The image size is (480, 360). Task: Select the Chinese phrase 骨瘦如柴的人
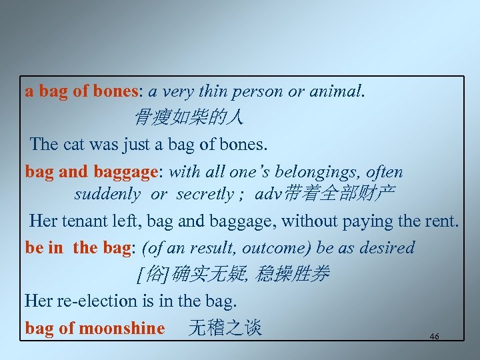189,118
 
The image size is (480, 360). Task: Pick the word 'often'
385,171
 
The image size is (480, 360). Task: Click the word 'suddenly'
107,194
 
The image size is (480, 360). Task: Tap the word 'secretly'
205,194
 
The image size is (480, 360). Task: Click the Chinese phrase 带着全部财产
339,194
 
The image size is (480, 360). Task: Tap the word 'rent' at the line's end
442,220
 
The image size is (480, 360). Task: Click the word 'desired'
387,248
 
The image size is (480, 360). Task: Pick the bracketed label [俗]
152,274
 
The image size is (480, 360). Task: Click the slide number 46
435,337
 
